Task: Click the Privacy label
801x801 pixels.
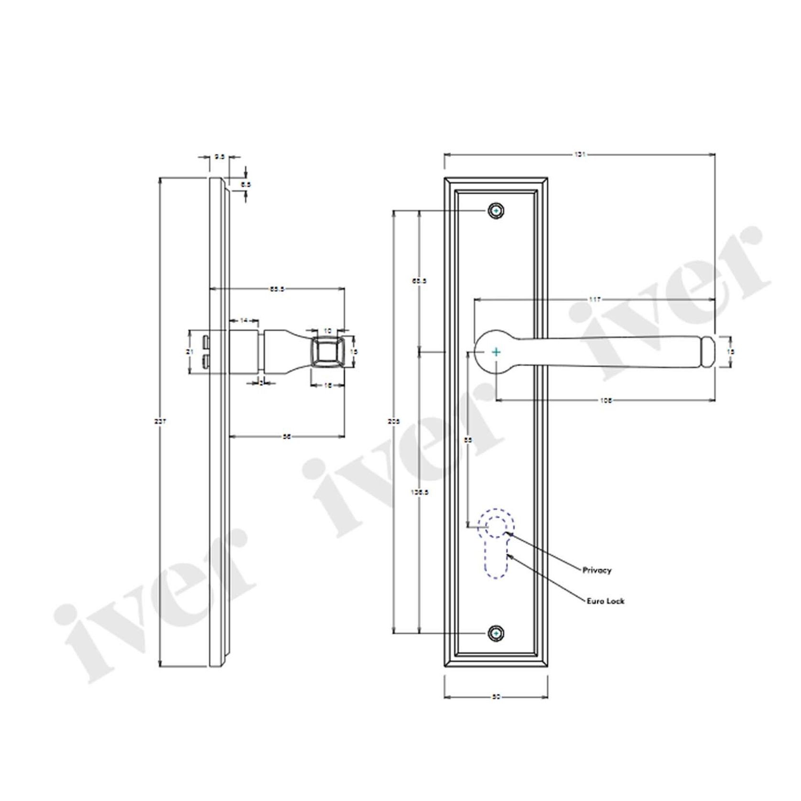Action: (596, 570)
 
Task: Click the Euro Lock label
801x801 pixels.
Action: (605, 601)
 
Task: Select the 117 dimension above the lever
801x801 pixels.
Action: (594, 300)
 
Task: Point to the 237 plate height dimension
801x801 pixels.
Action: (160, 422)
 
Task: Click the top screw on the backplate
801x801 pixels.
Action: (497, 211)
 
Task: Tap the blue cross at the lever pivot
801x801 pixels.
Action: (497, 352)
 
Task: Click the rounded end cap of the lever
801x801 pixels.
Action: (709, 352)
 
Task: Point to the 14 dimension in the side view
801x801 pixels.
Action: (244, 321)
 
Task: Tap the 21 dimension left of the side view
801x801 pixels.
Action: (189, 352)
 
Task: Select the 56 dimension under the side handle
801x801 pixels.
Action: (287, 436)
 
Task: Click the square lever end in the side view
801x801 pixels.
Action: (326, 351)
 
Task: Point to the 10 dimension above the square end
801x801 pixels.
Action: (327, 330)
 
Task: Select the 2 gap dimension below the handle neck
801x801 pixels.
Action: (261, 383)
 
